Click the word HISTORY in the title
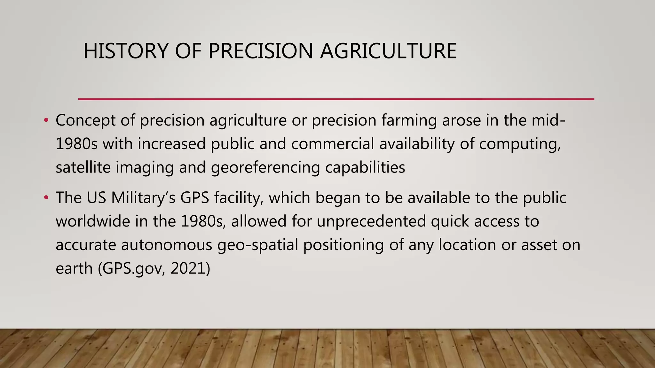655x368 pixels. [x=125, y=51]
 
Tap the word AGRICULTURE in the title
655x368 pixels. [x=388, y=51]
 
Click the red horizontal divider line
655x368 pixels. [x=336, y=99]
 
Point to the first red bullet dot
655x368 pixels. [x=46, y=120]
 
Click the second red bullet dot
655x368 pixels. [x=46, y=198]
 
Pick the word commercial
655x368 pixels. [x=332, y=144]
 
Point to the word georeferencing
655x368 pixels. [x=265, y=167]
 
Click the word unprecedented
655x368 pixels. [x=371, y=221]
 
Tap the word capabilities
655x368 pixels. [x=365, y=167]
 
